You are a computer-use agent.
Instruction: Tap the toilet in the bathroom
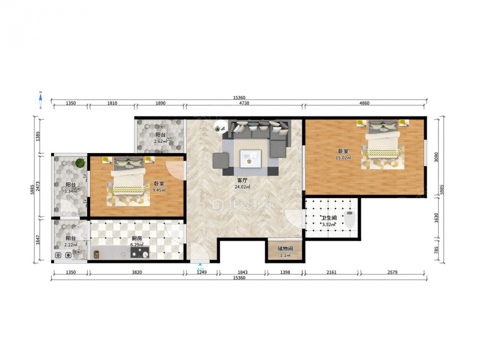[349, 219]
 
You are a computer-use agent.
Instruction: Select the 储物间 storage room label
[286, 249]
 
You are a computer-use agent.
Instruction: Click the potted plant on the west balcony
[80, 162]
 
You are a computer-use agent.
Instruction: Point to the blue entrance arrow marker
[200, 264]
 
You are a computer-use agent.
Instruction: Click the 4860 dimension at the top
[364, 103]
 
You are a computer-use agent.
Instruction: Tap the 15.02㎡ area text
[343, 158]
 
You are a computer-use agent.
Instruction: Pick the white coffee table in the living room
[251, 158]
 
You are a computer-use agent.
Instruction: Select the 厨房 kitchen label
[137, 238]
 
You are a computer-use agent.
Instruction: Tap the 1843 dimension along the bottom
[242, 272]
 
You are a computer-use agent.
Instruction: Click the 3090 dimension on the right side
[437, 157]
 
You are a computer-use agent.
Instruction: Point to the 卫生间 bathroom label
[329, 218]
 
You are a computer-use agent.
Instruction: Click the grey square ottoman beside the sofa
[221, 160]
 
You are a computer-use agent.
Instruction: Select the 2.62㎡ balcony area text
[160, 141]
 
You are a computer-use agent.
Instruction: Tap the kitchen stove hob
[140, 252]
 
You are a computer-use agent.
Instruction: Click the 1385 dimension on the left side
[38, 136]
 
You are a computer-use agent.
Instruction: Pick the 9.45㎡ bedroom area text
[159, 190]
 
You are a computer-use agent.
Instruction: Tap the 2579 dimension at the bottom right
[392, 272]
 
